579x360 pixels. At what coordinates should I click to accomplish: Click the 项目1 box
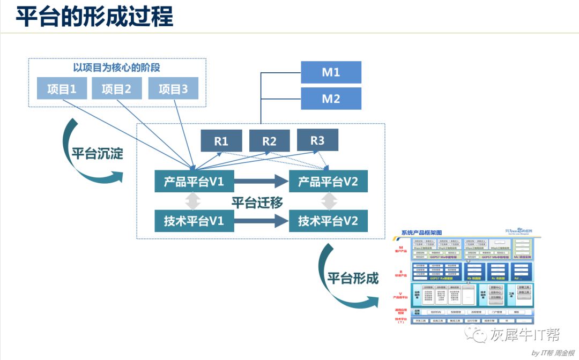pos(62,89)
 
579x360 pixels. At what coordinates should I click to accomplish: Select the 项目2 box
pos(116,89)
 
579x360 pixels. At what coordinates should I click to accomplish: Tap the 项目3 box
pos(173,89)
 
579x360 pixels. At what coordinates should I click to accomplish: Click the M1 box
pos(331,72)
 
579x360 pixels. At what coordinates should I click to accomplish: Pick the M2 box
pos(331,99)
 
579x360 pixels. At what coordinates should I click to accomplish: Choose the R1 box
pos(221,141)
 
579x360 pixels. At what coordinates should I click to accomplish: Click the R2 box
pos(269,141)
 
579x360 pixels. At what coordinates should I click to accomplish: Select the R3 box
pos(317,140)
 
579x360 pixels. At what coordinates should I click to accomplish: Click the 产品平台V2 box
pos(328,182)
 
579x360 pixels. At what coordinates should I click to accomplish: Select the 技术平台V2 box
pos(328,221)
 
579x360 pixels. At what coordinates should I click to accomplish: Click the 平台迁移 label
pos(257,202)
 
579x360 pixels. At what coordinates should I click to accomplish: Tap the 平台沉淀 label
pos(98,154)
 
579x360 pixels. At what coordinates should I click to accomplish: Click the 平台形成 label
pos(353,278)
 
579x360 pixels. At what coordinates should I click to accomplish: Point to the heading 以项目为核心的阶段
pos(116,68)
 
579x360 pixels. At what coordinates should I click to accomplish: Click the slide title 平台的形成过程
pos(94,17)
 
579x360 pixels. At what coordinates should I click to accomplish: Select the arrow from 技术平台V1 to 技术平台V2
pos(261,221)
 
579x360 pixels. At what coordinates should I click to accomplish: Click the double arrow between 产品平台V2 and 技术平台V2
pos(329,201)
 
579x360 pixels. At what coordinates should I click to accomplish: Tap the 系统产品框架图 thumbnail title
pos(421,232)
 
